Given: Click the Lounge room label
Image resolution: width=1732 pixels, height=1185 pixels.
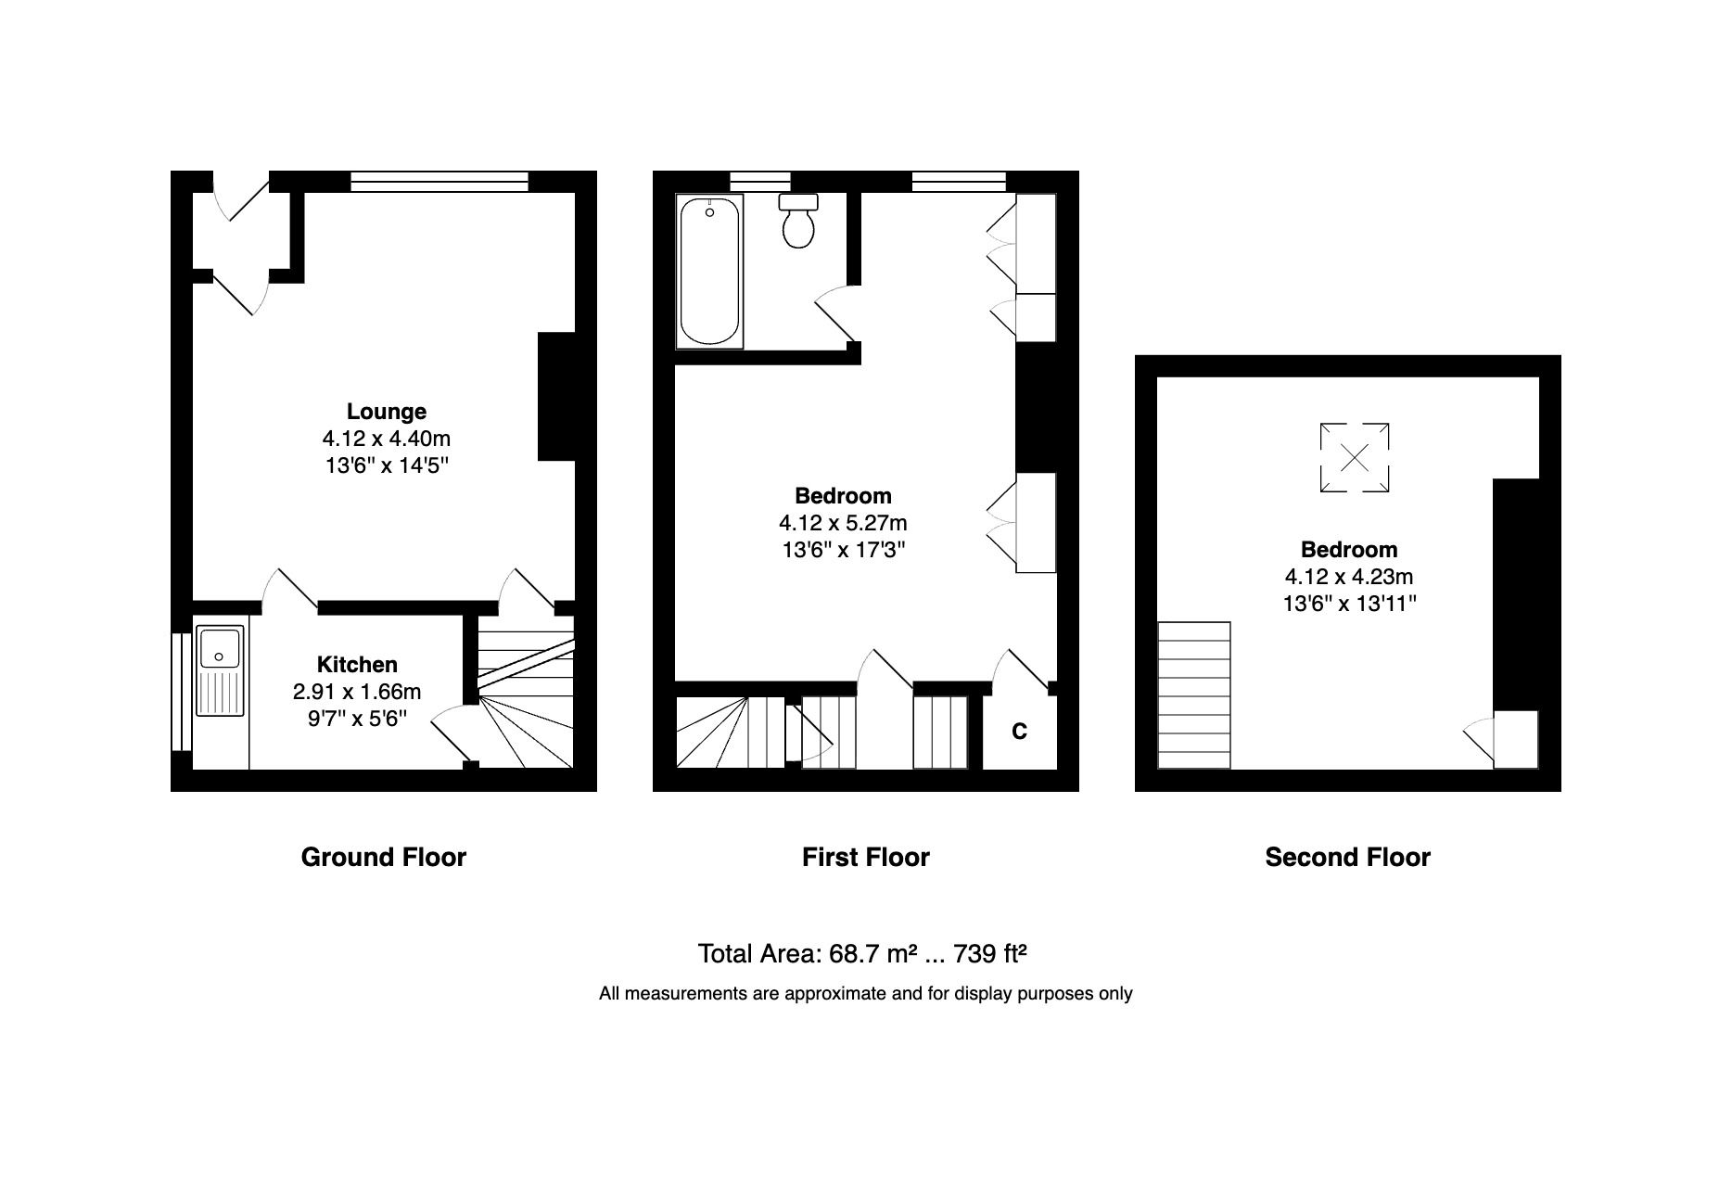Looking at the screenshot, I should [x=386, y=411].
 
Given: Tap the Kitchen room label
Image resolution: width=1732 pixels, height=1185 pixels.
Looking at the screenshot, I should [x=357, y=664].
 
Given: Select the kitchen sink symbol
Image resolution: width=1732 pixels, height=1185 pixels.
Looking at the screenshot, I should [x=220, y=671].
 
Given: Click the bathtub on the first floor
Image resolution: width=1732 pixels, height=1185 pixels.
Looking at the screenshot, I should [x=710, y=271].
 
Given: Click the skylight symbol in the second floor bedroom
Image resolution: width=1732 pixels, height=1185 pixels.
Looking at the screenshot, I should [x=1354, y=457].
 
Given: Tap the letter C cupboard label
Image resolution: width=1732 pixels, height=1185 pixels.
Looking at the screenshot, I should [x=1019, y=732].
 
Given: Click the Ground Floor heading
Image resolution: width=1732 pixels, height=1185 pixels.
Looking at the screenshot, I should [x=383, y=857].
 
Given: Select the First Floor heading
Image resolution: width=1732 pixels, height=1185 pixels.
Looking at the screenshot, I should [x=865, y=857].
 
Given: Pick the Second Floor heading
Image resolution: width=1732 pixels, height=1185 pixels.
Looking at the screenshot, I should [x=1347, y=857].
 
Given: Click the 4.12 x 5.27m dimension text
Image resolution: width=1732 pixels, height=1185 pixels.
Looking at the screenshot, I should [x=843, y=523].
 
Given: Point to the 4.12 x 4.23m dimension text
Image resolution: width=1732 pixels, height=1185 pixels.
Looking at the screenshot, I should [x=1349, y=577].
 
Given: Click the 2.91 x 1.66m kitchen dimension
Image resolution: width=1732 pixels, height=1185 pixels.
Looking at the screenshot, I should [x=357, y=691].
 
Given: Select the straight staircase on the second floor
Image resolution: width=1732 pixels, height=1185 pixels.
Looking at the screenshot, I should [x=1194, y=695].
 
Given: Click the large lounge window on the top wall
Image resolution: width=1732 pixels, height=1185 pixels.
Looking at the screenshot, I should [x=439, y=181].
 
